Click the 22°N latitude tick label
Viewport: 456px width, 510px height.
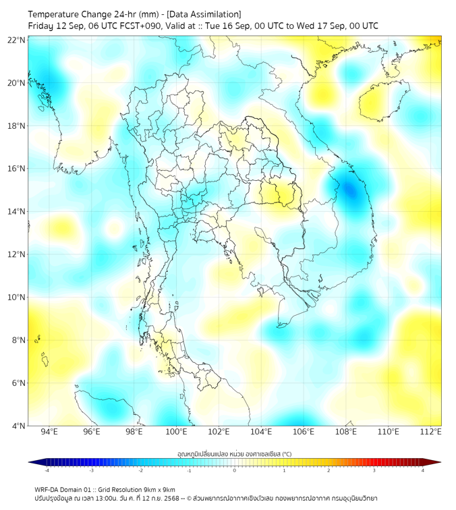(x=17, y=40)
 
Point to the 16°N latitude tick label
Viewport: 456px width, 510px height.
(x=17, y=168)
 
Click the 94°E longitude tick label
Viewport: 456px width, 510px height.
(x=49, y=432)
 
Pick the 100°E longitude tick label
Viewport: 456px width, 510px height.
(x=176, y=432)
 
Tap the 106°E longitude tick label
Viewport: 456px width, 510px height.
(x=304, y=432)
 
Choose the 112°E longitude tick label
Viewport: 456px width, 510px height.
(x=430, y=432)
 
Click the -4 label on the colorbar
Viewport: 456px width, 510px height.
(x=47, y=470)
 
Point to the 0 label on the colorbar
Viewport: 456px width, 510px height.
(x=235, y=470)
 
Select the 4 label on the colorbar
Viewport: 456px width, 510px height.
(x=423, y=470)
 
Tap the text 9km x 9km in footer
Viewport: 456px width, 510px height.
(x=160, y=489)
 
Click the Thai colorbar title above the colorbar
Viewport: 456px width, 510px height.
(x=234, y=453)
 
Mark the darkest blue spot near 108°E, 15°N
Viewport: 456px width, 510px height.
(x=349, y=190)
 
